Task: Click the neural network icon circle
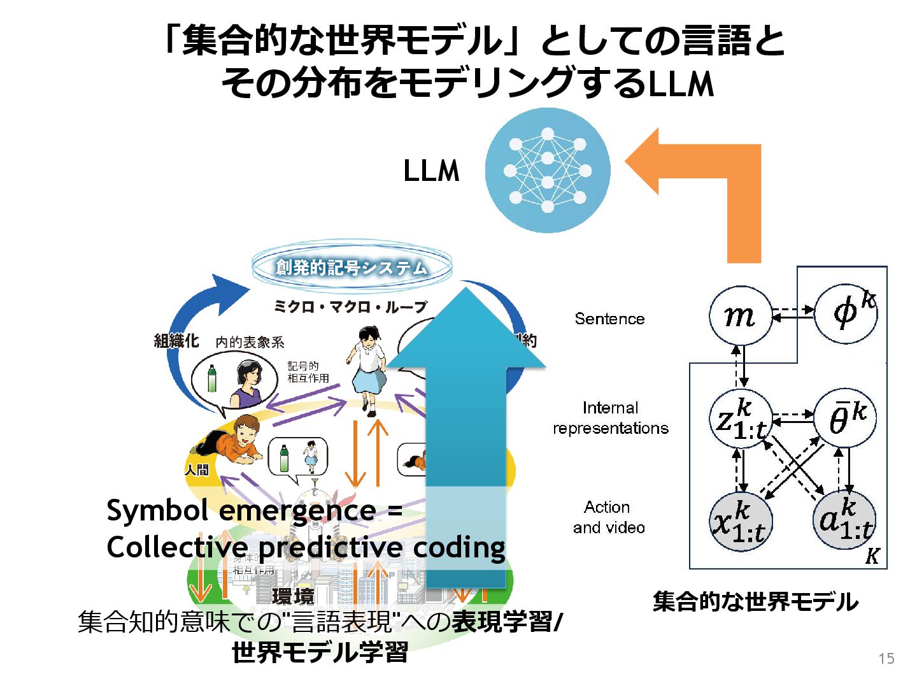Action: tap(548, 171)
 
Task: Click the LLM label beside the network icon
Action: tap(431, 171)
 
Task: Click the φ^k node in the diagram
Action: tap(846, 312)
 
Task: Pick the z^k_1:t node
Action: tap(741, 419)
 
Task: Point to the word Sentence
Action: tap(609, 319)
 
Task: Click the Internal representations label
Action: tap(610, 418)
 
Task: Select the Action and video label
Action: tap(608, 517)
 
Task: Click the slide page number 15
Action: tap(886, 659)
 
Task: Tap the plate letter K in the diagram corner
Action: tap(872, 556)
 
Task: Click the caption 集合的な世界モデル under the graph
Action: tap(755, 601)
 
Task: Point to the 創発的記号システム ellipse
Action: tap(352, 266)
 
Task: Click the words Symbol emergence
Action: tap(241, 511)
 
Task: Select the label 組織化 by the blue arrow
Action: tap(176, 341)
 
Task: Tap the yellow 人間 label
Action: tap(197, 470)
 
